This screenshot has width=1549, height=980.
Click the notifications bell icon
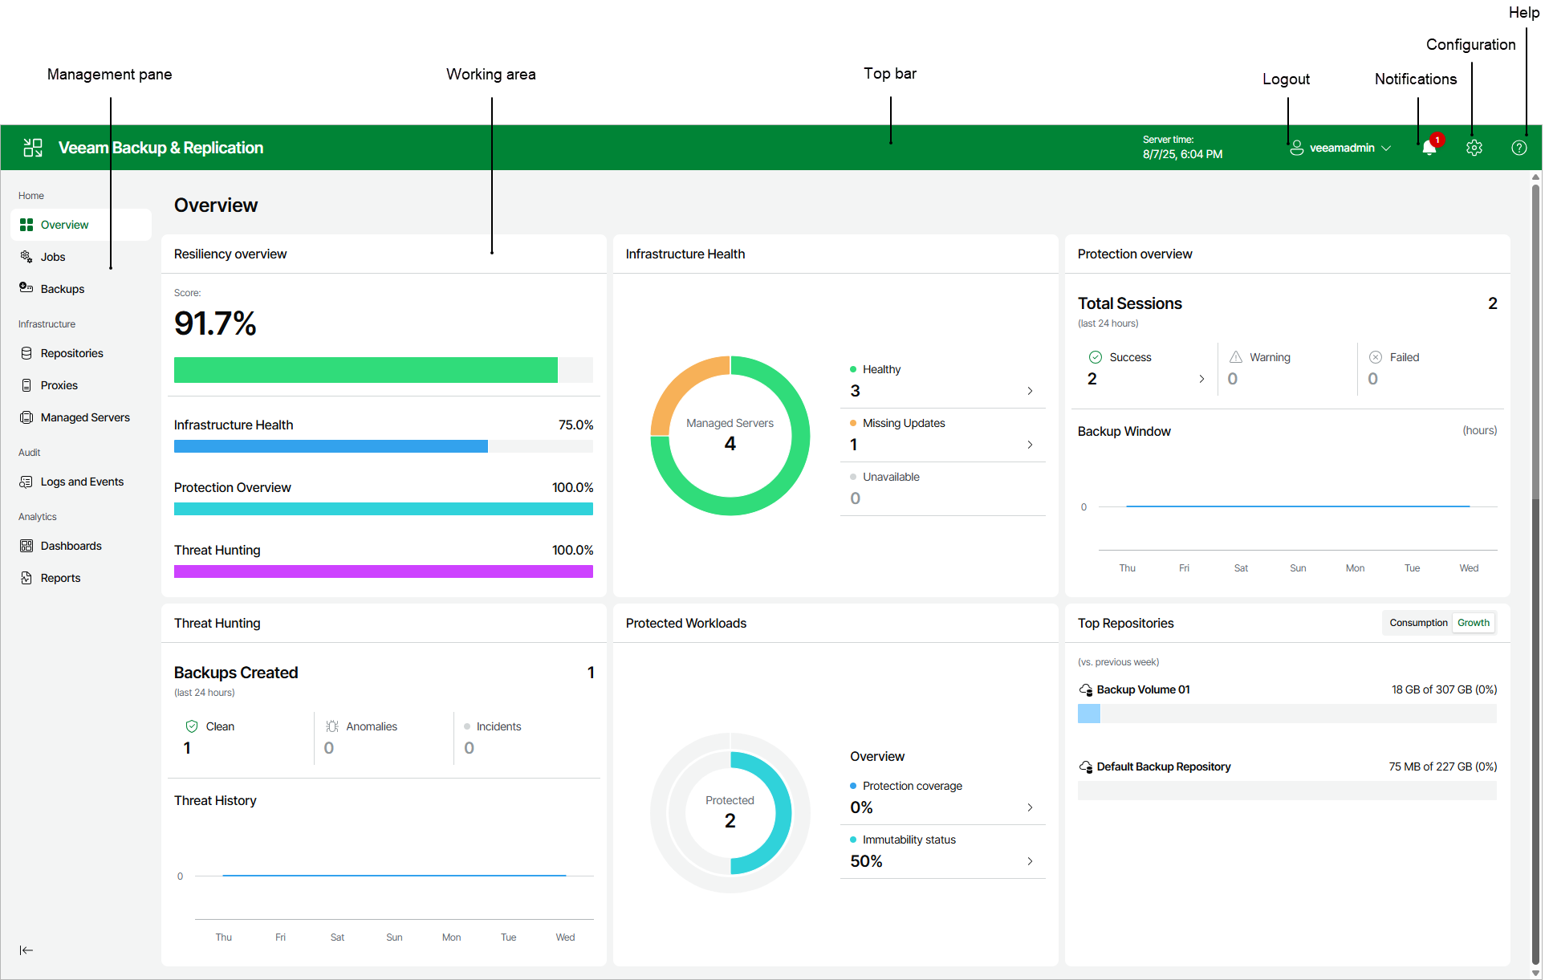tap(1429, 148)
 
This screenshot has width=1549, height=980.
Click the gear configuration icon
tap(1474, 148)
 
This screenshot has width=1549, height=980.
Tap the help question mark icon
tap(1519, 148)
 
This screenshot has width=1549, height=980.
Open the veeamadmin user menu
tap(1341, 148)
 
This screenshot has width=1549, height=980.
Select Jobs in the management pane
tap(53, 257)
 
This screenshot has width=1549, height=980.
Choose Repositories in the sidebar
tap(71, 353)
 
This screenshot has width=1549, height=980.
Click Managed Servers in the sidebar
tap(84, 417)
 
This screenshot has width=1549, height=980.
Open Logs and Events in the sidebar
tap(81, 482)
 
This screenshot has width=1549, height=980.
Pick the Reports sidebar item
tap(60, 578)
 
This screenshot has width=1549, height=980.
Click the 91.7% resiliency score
tap(215, 323)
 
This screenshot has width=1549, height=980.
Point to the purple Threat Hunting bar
tap(383, 571)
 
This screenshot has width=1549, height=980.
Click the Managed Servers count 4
tap(730, 444)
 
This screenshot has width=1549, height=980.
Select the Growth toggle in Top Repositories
tap(1473, 623)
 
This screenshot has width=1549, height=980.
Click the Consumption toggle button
tap(1417, 623)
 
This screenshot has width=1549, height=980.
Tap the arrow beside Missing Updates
tap(1030, 445)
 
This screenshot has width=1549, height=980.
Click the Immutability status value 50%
tap(866, 861)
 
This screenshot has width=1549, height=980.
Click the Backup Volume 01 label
tap(1143, 689)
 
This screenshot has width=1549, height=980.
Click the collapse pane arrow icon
tap(26, 950)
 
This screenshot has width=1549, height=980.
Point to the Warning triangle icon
tap(1236, 357)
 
